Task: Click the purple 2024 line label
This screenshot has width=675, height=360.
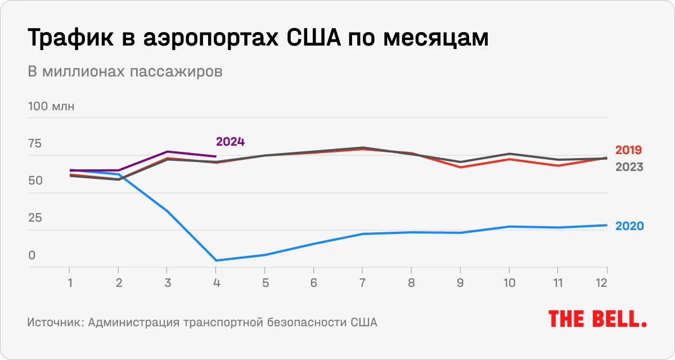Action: (230, 142)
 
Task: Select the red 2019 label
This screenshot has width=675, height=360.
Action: (629, 150)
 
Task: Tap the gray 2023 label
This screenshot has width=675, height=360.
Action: (629, 167)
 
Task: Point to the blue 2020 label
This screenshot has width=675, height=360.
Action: (629, 226)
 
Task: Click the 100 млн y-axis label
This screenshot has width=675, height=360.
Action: (51, 107)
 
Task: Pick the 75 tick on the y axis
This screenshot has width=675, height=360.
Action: (35, 144)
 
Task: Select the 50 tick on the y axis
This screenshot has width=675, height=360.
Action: (35, 181)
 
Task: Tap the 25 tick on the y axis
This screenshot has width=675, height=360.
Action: (35, 218)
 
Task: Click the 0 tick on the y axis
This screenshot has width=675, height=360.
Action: (32, 255)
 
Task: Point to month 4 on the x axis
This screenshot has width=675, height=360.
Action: (216, 283)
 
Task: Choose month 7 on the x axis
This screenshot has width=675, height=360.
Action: (363, 283)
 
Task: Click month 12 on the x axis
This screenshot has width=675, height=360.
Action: (601, 283)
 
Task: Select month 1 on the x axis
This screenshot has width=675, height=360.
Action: (69, 283)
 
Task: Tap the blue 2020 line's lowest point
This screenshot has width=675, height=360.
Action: (216, 260)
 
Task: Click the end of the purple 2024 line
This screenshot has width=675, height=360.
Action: (216, 156)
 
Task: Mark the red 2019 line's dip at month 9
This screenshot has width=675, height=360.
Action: (461, 167)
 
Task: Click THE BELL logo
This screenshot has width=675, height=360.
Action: (597, 319)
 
